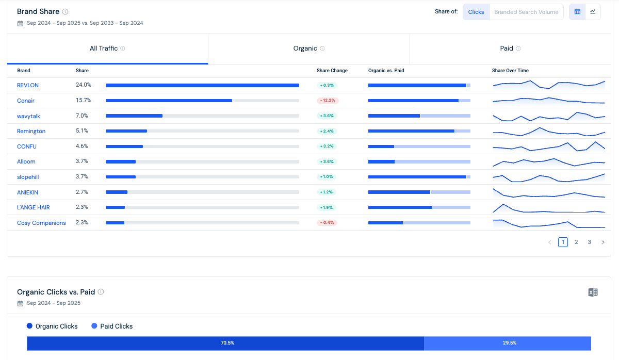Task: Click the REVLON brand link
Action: (28, 85)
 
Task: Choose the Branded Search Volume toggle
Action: (526, 12)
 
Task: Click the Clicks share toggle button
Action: (476, 12)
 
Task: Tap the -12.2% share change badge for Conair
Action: (327, 101)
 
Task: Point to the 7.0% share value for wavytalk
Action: (82, 116)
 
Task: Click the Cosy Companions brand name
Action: (41, 223)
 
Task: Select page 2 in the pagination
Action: (576, 242)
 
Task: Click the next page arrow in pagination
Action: (602, 242)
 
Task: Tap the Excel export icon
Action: (593, 292)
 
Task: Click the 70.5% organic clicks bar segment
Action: (225, 343)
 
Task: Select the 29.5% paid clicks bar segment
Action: (508, 343)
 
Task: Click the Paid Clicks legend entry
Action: (112, 326)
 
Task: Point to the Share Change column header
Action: (332, 71)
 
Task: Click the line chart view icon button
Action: (593, 12)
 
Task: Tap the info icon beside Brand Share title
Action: (65, 11)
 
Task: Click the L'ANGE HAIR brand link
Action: (34, 207)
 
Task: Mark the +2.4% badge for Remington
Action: (327, 131)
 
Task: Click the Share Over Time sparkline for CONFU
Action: (548, 146)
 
